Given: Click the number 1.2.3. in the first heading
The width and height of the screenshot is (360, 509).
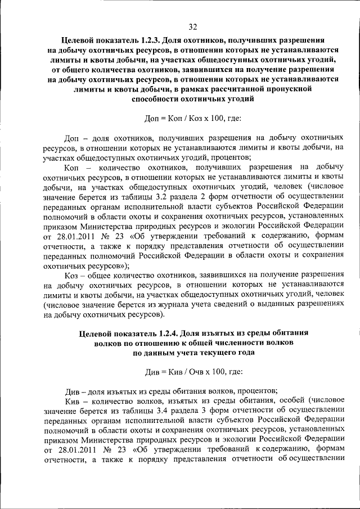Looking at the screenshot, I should click(141, 40).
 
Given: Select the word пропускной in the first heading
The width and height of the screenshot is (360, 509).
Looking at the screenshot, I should click(287, 89).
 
